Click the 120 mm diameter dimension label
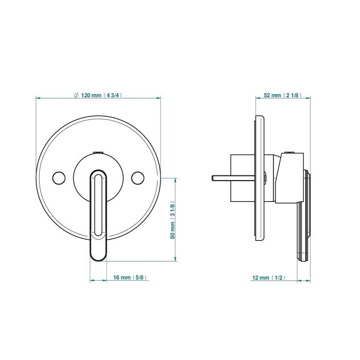coord(98,95)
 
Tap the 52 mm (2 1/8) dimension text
coord(283,95)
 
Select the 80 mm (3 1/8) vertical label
coord(172,220)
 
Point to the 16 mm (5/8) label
coord(130,277)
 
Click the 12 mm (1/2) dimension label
coord(269,278)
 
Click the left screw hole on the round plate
coord(59,178)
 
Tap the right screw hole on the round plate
coord(138,178)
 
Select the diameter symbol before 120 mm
coord(77,95)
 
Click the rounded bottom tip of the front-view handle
coord(98,260)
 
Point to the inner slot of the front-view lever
coord(98,205)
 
